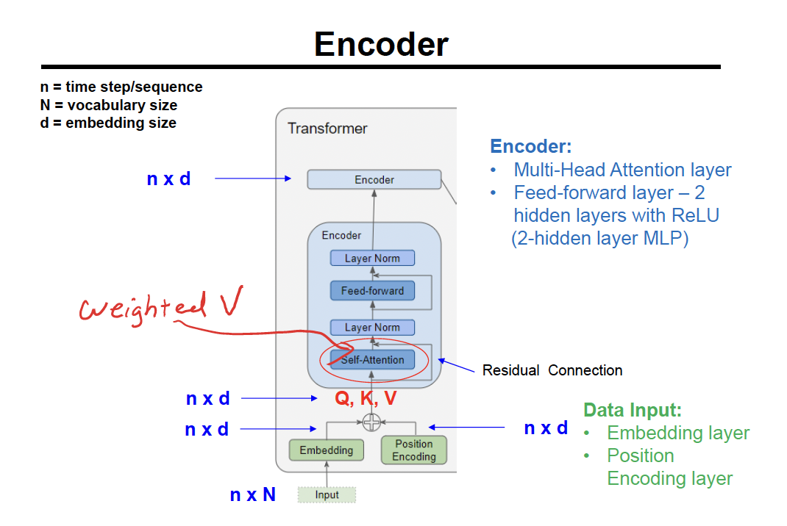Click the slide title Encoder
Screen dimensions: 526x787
(381, 45)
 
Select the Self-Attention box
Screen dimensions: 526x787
(372, 360)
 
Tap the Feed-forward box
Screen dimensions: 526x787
(372, 291)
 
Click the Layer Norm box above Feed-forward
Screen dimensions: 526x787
(372, 259)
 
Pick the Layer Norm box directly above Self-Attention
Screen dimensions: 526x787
(372, 328)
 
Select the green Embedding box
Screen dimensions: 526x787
(326, 450)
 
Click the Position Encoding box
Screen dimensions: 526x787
(413, 450)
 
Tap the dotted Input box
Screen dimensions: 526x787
(327, 495)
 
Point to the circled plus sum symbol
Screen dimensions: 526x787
(372, 422)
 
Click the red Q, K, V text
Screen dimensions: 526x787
(366, 399)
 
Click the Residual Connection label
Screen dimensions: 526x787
(552, 370)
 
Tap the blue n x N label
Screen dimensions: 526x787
(252, 495)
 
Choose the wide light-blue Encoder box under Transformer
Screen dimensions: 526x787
(374, 179)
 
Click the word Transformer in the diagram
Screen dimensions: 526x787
(327, 129)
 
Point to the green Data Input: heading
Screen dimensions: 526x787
(633, 410)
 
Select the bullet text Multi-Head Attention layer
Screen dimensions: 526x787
(622, 170)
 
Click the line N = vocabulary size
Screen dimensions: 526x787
(109, 105)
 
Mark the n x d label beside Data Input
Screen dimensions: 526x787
(546, 428)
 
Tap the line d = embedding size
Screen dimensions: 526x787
(108, 123)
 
